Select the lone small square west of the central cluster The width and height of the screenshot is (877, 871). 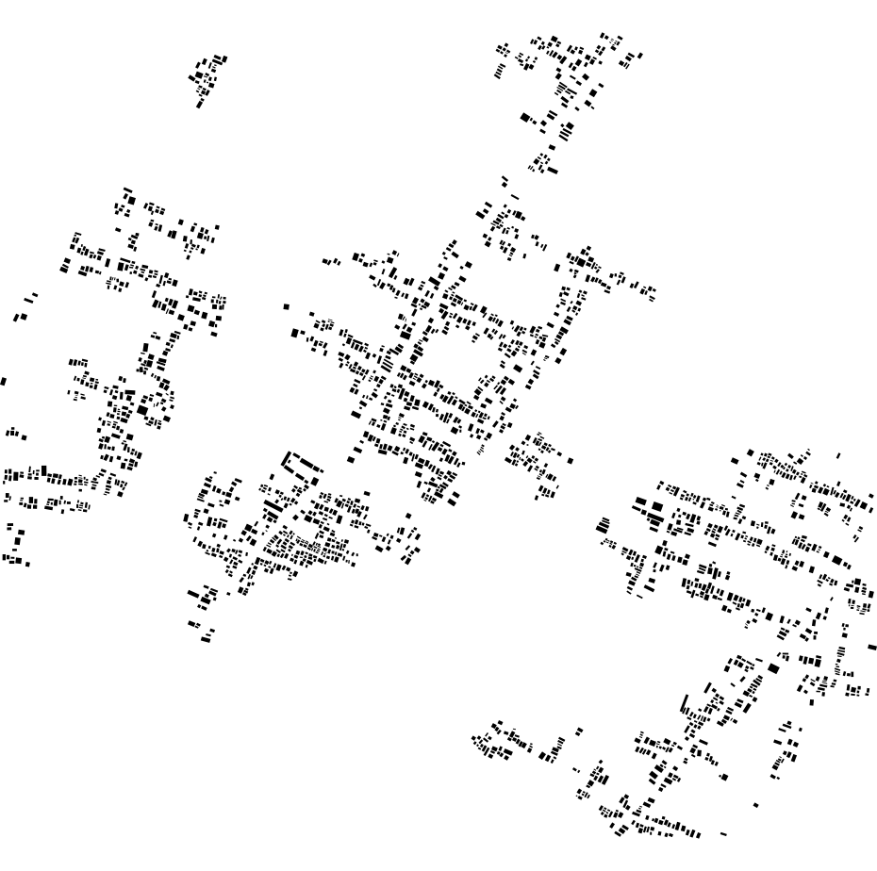click(286, 306)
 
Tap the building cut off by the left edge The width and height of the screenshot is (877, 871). click(3, 382)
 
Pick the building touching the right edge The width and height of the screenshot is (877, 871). click(871, 648)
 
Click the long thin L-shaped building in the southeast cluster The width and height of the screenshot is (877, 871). click(683, 704)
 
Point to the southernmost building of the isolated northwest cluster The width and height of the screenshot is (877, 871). click(198, 105)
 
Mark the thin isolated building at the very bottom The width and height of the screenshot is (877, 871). click(723, 834)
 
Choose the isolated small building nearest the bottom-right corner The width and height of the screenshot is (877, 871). click(755, 805)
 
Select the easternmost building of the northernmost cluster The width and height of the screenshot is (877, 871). click(640, 56)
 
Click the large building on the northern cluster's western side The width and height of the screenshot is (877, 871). click(525, 117)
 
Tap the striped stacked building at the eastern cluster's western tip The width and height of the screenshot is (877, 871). click(603, 526)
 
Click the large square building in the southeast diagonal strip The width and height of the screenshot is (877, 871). click(773, 668)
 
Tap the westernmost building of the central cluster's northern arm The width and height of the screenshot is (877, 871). click(325, 263)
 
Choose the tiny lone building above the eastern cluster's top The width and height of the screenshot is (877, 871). click(838, 456)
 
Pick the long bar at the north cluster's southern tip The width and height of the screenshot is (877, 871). click(552, 172)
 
